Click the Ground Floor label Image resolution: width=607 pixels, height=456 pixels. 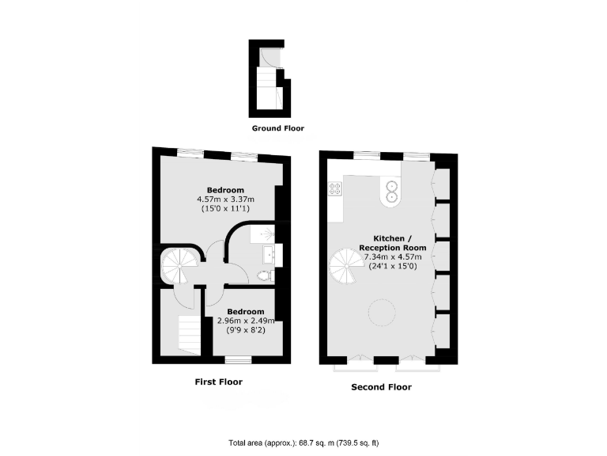click(x=277, y=128)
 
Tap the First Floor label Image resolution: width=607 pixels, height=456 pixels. click(x=218, y=382)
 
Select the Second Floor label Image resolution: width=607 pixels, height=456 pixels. click(x=381, y=388)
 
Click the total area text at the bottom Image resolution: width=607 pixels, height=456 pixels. click(x=303, y=443)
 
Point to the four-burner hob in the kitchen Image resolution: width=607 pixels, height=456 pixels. click(x=335, y=188)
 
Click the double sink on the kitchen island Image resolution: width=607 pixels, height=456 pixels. click(x=390, y=189)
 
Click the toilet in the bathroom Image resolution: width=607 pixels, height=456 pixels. click(x=265, y=276)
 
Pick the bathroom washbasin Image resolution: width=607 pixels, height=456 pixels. click(x=270, y=254)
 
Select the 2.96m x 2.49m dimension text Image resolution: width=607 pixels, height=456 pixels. click(x=246, y=321)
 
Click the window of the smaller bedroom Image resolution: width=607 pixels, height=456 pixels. click(x=243, y=360)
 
